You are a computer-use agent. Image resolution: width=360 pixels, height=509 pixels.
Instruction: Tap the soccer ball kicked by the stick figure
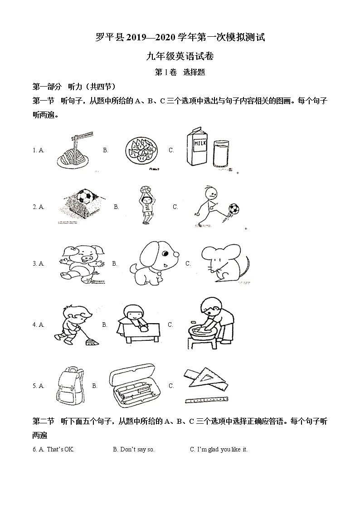point(234,209)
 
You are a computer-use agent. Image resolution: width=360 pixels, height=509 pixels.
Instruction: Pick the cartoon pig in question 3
point(82,263)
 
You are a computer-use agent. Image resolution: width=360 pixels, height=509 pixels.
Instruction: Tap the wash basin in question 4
point(202,333)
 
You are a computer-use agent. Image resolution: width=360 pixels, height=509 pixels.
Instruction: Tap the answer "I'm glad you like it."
point(219,449)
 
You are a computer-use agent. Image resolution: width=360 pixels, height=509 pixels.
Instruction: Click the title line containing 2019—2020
point(180,38)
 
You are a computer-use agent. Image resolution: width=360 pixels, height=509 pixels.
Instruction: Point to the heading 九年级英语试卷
point(180,57)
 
